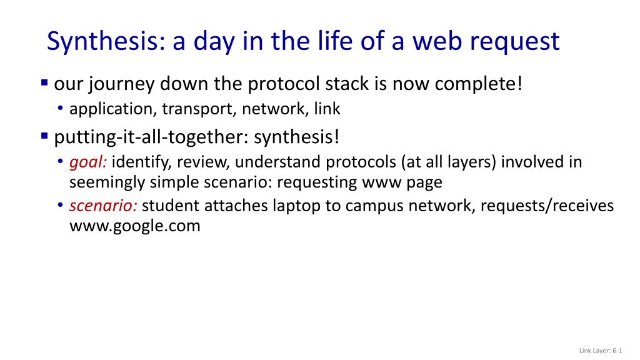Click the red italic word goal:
[88, 162]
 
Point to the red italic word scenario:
[103, 205]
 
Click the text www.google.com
[135, 226]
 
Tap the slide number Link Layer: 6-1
[601, 351]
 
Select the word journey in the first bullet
[121, 85]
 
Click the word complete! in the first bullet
[478, 84]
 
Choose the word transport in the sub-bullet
[199, 109]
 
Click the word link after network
[327, 109]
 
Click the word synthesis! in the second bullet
[296, 137]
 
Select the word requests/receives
[547, 206]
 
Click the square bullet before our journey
[44, 83]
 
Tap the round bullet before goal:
[61, 161]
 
